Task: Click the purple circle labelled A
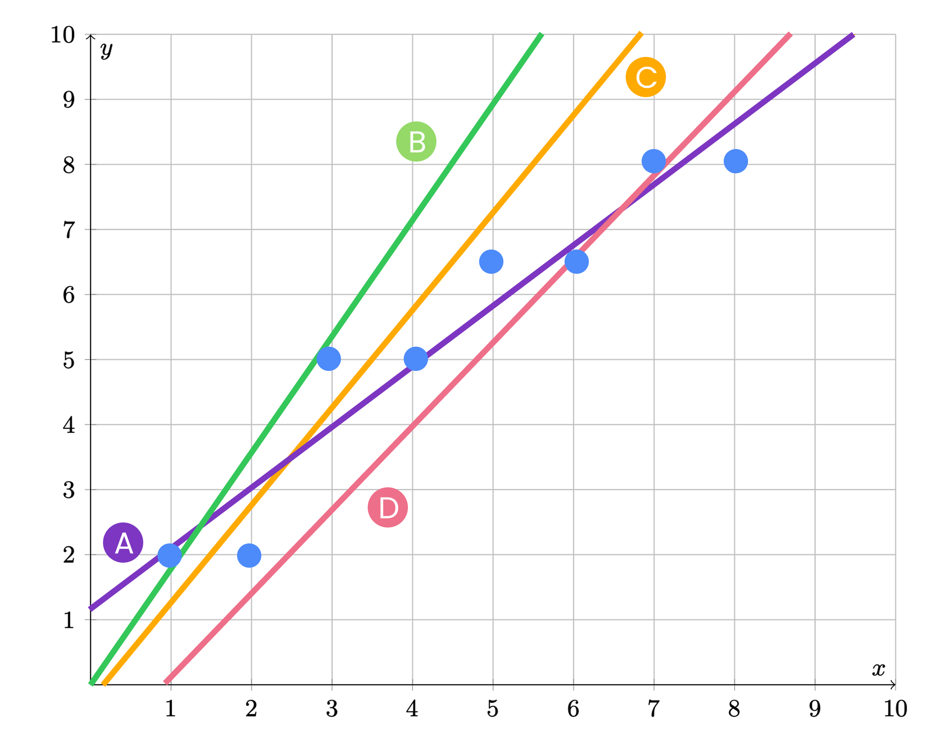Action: (x=123, y=543)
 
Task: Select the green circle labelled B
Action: (x=416, y=142)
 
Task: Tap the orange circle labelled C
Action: (x=645, y=77)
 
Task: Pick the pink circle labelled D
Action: (x=387, y=507)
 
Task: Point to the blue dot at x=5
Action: (x=491, y=262)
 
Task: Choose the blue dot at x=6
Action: (x=576, y=262)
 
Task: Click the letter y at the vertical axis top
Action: (x=106, y=50)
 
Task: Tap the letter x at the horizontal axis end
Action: (x=878, y=669)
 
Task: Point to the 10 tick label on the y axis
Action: (x=62, y=35)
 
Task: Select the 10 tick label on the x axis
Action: (x=895, y=709)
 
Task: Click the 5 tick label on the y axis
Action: (x=69, y=360)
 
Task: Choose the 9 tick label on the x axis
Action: (x=815, y=709)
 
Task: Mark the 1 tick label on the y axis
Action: (x=69, y=620)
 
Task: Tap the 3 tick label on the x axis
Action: (x=332, y=709)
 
